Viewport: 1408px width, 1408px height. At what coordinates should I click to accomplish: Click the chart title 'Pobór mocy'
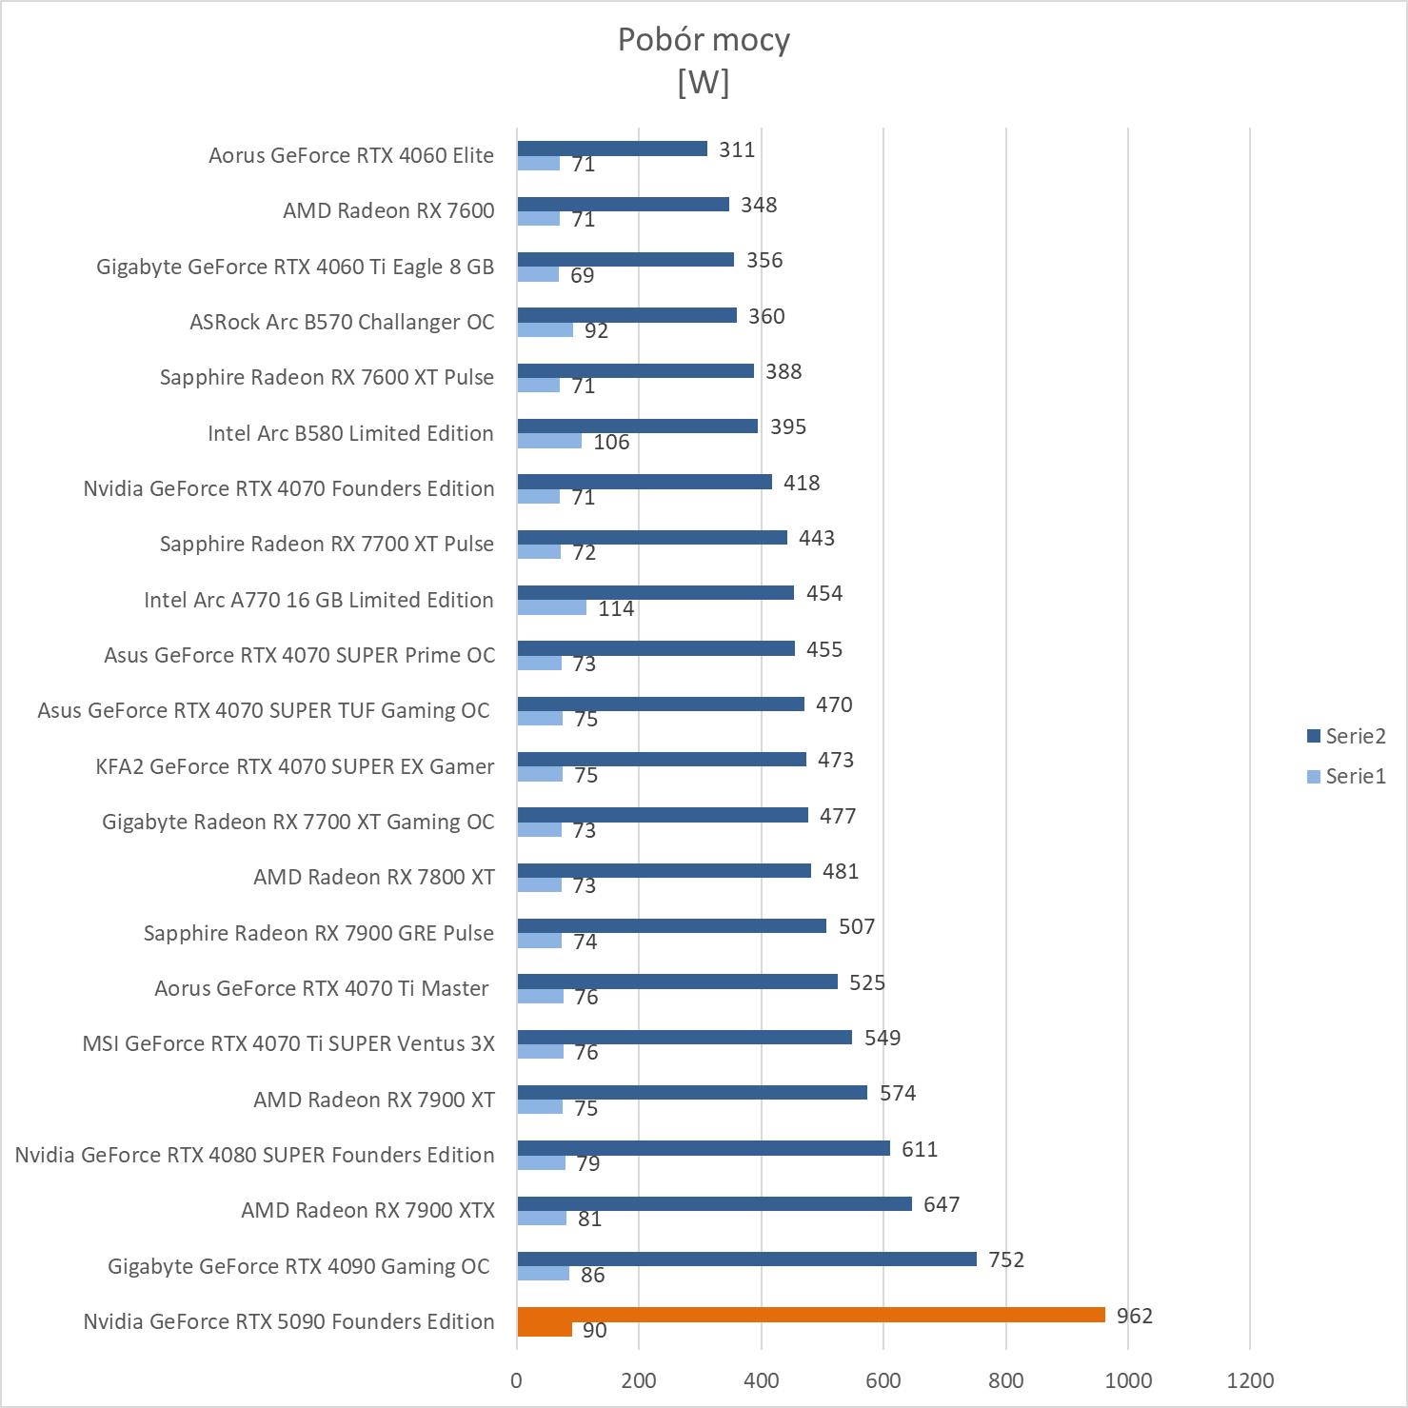(x=704, y=40)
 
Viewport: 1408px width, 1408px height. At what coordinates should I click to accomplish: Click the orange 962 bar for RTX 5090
(x=810, y=1315)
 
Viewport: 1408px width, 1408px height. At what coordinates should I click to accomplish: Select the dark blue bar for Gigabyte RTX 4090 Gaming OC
(x=746, y=1259)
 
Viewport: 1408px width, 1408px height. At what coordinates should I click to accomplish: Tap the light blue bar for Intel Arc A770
(x=551, y=607)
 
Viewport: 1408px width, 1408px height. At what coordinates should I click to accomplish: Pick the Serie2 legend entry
(x=1346, y=736)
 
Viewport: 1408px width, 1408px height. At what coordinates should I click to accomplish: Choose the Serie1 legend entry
(x=1346, y=776)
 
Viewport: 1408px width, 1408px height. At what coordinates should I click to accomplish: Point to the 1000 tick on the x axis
(x=1127, y=1380)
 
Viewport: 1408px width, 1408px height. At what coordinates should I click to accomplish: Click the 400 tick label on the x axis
(x=761, y=1380)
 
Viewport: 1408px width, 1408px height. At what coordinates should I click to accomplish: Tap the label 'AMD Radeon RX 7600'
(x=388, y=210)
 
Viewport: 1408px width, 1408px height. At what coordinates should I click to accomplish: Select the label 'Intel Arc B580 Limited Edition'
(x=350, y=433)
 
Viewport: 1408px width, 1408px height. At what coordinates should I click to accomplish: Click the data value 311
(x=737, y=149)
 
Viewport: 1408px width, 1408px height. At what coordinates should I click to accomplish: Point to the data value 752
(x=1005, y=1259)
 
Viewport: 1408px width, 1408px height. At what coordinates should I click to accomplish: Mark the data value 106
(x=611, y=442)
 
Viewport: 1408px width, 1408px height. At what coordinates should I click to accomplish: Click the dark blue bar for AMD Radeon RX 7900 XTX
(x=714, y=1203)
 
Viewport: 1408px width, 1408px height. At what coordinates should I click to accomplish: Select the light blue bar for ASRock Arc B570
(x=545, y=329)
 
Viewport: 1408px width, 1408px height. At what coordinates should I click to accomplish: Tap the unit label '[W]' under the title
(x=704, y=83)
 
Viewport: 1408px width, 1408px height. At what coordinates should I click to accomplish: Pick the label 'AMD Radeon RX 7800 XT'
(x=373, y=877)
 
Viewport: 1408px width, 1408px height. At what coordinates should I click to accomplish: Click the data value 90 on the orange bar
(x=594, y=1330)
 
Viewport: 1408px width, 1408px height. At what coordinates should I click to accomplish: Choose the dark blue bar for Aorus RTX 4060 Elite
(x=612, y=149)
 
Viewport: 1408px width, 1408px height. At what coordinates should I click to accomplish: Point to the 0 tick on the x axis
(x=516, y=1380)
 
